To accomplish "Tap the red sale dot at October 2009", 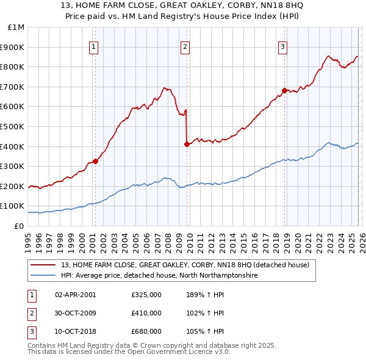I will (187, 145).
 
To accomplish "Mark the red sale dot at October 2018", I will (284, 90).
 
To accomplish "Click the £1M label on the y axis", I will (16, 27).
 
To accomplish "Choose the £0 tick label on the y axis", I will (20, 226).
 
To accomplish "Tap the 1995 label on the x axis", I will (28, 238).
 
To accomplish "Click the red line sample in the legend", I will (43, 265).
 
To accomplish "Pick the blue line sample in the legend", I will (43, 275).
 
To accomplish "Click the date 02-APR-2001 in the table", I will (75, 295).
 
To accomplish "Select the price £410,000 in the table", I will (146, 313).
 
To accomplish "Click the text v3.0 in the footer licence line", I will (221, 352).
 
